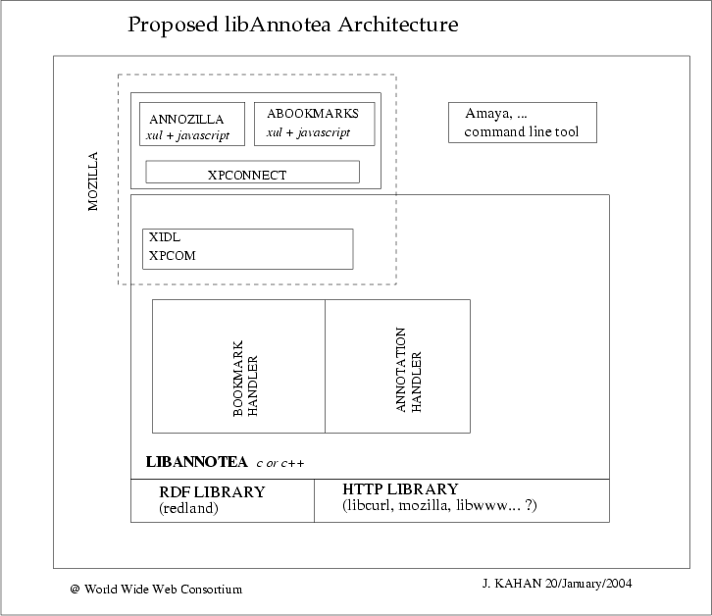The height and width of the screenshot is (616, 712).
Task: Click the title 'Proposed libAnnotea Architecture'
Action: (292, 25)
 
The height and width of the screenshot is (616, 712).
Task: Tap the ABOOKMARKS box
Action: (313, 124)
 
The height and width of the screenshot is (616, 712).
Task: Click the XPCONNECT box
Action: (252, 173)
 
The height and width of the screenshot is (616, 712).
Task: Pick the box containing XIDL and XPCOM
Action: (247, 248)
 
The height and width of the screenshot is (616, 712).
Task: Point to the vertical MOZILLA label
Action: (94, 180)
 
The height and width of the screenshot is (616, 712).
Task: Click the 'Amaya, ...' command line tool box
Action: (522, 123)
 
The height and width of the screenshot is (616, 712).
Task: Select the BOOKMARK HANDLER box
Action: (238, 366)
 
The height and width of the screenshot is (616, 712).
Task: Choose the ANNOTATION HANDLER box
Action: (397, 366)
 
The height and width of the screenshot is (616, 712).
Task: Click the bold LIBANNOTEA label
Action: (196, 461)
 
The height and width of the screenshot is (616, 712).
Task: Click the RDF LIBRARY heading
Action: (212, 491)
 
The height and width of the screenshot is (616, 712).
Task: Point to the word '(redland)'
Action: (188, 508)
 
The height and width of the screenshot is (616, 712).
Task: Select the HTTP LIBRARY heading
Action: (399, 488)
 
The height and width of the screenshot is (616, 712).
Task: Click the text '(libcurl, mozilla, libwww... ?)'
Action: (440, 506)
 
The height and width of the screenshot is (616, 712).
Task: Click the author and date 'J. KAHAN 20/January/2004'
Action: (557, 583)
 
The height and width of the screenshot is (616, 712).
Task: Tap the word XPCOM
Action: (173, 256)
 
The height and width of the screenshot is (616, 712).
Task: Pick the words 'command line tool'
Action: (522, 132)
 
